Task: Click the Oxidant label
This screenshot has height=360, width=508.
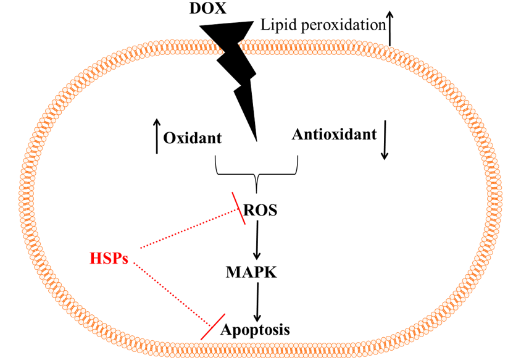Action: click(x=193, y=137)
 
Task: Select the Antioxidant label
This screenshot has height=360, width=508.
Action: click(x=334, y=134)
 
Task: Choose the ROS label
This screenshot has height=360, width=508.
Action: click(x=260, y=211)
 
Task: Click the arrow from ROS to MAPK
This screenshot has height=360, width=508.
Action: click(x=257, y=241)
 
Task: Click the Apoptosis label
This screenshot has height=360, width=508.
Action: click(x=256, y=329)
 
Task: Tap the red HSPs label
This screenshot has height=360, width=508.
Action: click(x=108, y=257)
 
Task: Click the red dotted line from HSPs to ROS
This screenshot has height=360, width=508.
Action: click(x=188, y=230)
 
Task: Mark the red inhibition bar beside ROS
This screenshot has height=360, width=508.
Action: click(x=239, y=208)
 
